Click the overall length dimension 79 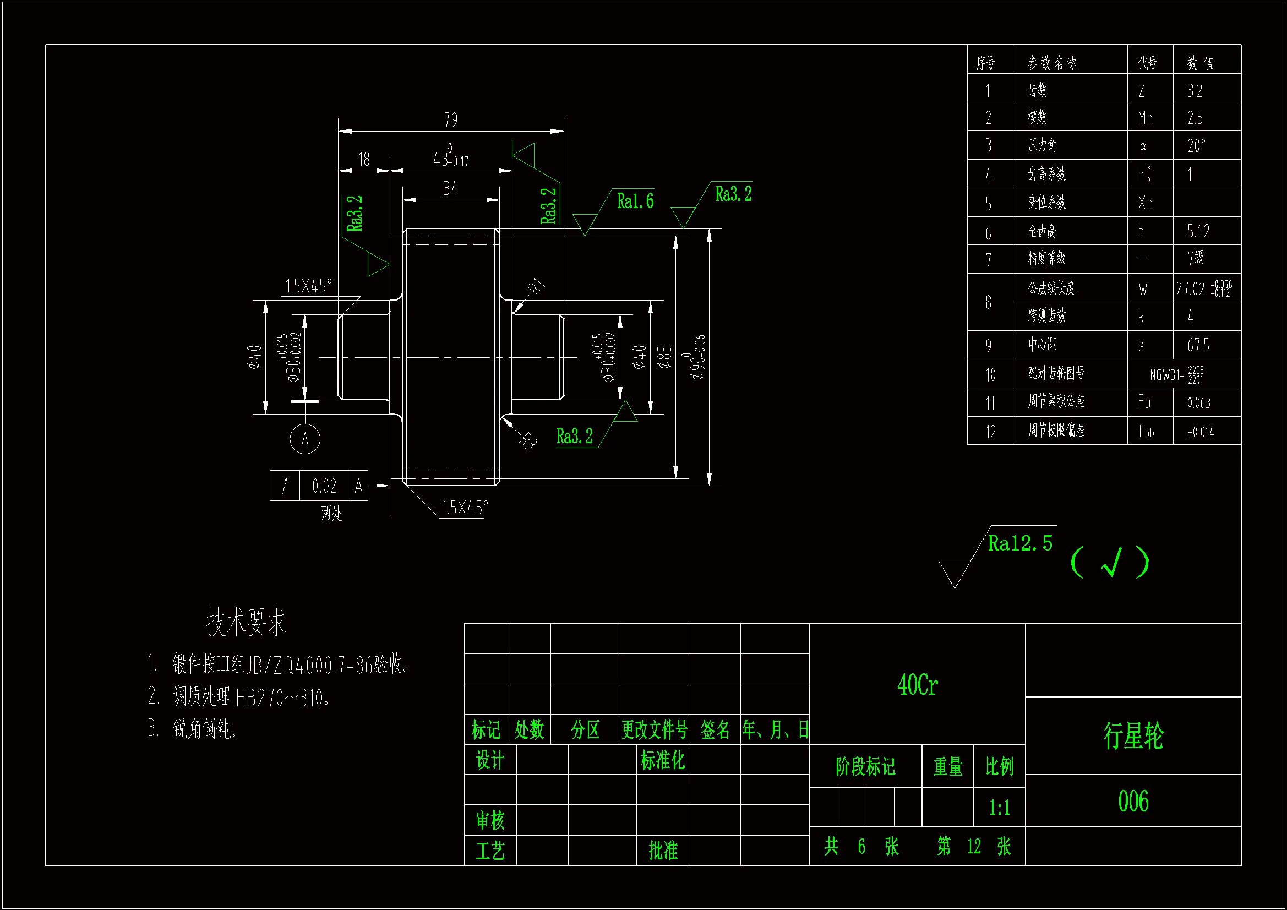(451, 119)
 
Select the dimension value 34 (451, 188)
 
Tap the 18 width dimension (364, 159)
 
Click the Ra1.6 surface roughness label (635, 201)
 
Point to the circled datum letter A (305, 439)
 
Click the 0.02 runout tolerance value (324, 486)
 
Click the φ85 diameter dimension (665, 357)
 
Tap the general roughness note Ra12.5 (1020, 543)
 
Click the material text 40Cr (918, 685)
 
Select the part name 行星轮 (1133, 735)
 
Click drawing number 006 (1133, 800)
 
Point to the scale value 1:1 (1000, 808)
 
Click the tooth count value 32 (1195, 90)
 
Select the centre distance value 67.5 (1198, 345)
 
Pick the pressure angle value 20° (1196, 146)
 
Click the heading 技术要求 (247, 622)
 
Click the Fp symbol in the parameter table (1144, 402)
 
